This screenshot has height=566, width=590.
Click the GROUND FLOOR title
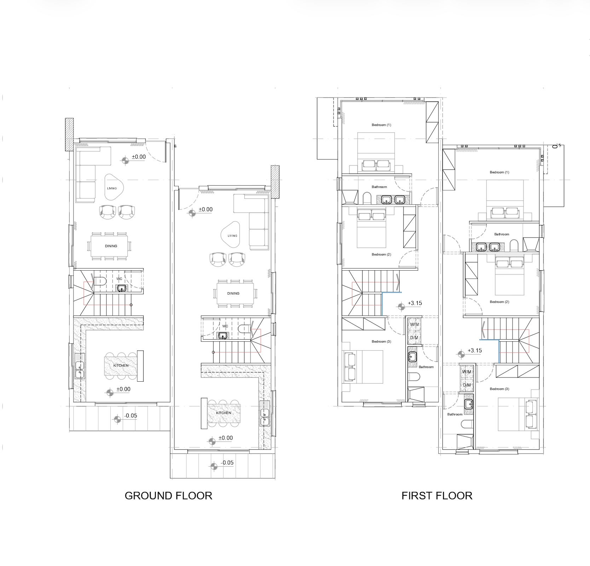168,496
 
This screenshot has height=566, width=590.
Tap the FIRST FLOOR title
437,496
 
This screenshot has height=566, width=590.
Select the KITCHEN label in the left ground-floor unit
121,365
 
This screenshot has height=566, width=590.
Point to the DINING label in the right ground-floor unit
233,293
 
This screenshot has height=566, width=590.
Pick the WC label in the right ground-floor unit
225,326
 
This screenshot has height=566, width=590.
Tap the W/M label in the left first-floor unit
414,324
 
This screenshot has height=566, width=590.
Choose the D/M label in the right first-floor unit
467,385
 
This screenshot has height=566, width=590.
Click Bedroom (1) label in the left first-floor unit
381,125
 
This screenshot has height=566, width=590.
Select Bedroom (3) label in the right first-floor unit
499,389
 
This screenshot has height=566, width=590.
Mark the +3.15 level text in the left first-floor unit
415,303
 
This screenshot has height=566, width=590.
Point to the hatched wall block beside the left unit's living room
69,134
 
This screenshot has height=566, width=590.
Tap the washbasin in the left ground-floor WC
122,289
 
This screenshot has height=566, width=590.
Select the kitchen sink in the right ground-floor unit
264,417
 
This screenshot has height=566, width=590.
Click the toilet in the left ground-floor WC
101,281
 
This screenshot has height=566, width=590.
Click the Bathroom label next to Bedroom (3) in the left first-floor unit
426,367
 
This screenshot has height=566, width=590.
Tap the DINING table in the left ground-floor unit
111,246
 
